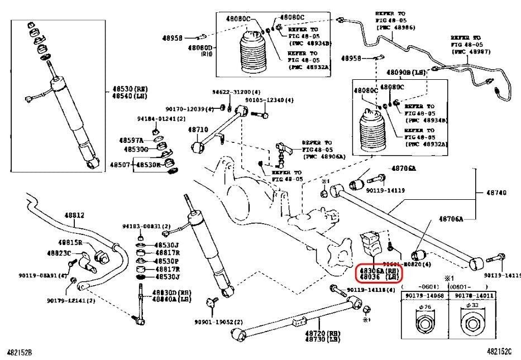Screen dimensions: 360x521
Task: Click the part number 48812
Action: [x=74, y=215]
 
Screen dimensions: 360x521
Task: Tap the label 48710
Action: [x=198, y=129]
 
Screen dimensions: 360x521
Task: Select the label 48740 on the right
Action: [x=496, y=193]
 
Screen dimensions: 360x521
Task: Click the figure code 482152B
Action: [x=19, y=352]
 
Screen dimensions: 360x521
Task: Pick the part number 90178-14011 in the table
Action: [x=472, y=295]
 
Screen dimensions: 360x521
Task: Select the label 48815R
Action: [x=71, y=242]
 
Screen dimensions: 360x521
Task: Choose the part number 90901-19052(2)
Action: [x=219, y=322]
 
